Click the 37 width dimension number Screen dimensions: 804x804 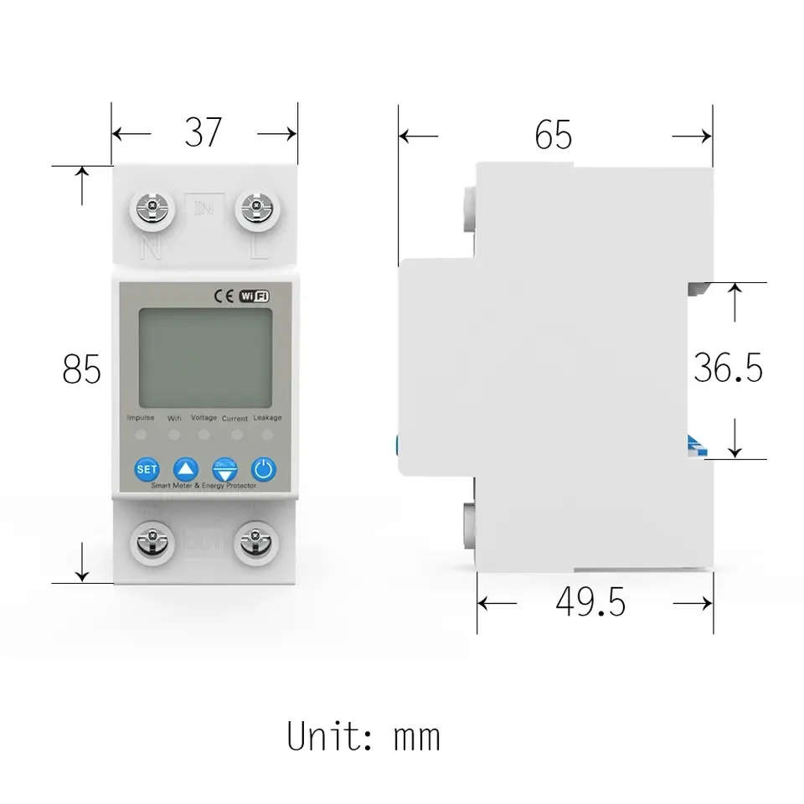tap(204, 132)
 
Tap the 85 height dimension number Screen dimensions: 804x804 tap(82, 369)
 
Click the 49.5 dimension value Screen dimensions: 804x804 tap(590, 602)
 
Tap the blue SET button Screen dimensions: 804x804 tap(147, 469)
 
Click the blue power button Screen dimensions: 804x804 tap(263, 469)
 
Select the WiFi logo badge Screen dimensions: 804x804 tap(255, 295)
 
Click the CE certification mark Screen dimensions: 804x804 tap(224, 295)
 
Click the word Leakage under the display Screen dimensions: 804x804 tap(267, 417)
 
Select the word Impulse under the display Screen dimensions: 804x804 tap(140, 417)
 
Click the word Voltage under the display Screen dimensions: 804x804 tap(204, 417)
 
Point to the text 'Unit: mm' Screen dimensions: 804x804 tap(363, 737)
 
